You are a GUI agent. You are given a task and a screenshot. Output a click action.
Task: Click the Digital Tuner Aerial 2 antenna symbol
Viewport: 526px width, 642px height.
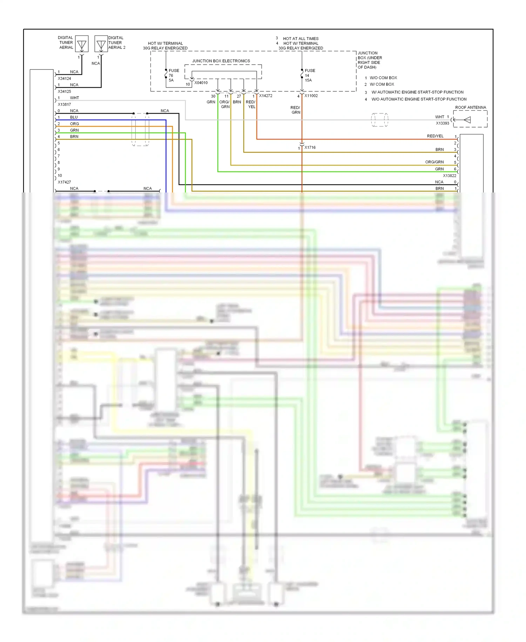101,44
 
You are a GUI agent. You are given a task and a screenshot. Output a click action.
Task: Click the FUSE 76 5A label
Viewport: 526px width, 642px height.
173,75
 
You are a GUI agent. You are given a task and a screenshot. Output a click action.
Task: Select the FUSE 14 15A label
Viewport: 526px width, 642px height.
309,75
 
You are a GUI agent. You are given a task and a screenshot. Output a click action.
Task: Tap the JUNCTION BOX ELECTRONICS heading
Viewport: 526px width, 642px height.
221,61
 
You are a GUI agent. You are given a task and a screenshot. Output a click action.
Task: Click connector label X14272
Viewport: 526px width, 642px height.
265,96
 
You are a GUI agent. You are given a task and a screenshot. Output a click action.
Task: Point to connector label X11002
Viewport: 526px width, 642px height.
311,96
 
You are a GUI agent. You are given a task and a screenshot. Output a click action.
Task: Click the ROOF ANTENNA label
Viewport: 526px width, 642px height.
471,107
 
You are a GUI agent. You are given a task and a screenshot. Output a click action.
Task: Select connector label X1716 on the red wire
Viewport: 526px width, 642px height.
310,148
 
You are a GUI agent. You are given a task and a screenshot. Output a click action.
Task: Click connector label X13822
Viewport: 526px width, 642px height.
450,176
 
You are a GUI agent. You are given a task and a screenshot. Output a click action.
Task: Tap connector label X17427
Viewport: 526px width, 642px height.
64,182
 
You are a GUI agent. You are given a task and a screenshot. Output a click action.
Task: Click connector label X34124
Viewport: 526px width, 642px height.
64,79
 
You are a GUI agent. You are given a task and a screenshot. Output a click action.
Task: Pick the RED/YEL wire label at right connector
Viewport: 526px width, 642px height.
435,136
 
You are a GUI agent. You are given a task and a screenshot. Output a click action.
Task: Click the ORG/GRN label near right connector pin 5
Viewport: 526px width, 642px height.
434,162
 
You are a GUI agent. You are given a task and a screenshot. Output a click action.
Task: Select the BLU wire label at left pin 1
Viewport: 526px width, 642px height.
74,117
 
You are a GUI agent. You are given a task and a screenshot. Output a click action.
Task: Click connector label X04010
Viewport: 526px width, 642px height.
201,83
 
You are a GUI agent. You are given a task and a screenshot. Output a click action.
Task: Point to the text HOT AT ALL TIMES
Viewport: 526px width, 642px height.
301,39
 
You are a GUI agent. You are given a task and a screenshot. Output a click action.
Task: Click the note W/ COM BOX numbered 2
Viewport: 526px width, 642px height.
382,84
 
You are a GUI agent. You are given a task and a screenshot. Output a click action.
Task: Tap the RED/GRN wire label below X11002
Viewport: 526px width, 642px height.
296,110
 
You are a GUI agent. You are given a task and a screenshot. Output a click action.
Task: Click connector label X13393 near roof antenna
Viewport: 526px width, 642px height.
442,123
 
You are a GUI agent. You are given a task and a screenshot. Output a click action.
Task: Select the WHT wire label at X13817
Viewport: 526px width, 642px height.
74,98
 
